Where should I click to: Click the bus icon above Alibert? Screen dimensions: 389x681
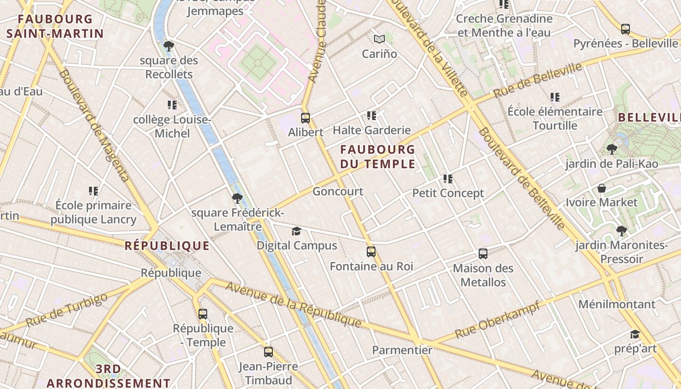click(x=305, y=118)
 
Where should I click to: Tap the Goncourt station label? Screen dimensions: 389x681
click(x=338, y=191)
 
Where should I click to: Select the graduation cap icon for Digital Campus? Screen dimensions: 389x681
click(x=296, y=231)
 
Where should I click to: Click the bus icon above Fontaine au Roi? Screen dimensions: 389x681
click(x=371, y=252)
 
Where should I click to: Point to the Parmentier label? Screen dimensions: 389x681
click(x=402, y=350)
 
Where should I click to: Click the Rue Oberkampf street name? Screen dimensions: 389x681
click(x=497, y=320)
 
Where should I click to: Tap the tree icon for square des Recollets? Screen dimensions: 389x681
click(x=169, y=46)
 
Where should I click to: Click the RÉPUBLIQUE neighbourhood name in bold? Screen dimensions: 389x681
click(x=167, y=246)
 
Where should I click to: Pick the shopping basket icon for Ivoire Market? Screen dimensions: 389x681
click(x=602, y=188)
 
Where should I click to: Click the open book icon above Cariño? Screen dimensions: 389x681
click(x=379, y=39)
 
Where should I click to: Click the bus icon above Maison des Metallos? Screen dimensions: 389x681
click(x=483, y=254)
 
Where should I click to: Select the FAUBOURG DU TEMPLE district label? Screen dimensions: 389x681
click(x=378, y=157)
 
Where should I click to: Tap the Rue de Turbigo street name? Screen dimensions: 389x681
click(x=66, y=310)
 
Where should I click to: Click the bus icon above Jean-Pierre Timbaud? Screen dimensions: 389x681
click(x=269, y=352)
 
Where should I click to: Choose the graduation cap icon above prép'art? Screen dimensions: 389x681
click(x=635, y=334)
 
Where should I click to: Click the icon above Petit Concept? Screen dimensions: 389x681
click(x=448, y=179)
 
